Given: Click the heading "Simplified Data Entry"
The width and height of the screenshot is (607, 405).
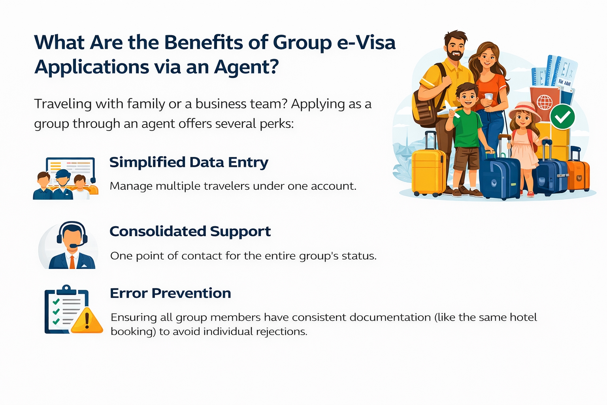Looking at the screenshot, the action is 189,163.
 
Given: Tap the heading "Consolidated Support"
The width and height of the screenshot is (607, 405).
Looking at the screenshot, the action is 190,232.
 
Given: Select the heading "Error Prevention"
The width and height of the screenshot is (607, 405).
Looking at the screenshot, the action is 170,293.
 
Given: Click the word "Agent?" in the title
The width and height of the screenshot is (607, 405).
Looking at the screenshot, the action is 246,67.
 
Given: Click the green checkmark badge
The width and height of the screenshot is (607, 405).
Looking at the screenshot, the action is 562,117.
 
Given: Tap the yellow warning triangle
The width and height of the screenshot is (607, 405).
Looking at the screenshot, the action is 87,320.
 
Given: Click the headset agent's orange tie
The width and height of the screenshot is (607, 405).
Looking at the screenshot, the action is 72,261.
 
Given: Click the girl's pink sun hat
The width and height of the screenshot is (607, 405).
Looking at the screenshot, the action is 524,110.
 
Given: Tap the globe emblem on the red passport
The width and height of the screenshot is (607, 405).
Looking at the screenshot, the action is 545,102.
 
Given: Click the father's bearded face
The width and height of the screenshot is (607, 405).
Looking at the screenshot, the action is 455,48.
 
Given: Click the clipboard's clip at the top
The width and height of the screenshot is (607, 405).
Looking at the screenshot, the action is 66,290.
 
